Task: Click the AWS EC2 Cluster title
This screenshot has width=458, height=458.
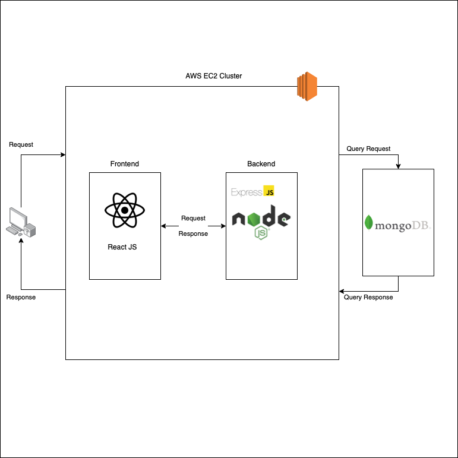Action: [214, 76]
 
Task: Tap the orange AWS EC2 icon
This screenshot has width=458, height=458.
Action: [308, 86]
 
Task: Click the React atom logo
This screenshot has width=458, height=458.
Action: [125, 210]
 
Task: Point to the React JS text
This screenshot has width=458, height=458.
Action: [122, 247]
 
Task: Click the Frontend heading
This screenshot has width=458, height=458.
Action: [125, 164]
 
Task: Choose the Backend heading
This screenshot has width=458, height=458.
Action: [261, 164]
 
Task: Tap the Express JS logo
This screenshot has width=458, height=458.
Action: [252, 192]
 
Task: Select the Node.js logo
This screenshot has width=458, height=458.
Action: [262, 221]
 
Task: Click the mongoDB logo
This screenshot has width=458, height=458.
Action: [397, 224]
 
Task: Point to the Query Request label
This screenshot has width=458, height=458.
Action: [368, 149]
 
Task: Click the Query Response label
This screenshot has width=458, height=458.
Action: [368, 297]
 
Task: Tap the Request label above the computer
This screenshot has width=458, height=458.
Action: [21, 144]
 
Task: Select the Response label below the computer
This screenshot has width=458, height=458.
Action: [21, 297]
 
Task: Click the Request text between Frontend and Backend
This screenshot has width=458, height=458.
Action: [193, 218]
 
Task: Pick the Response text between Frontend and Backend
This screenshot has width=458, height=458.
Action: [193, 233]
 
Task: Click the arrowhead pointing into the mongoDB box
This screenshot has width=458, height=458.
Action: [398, 166]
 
